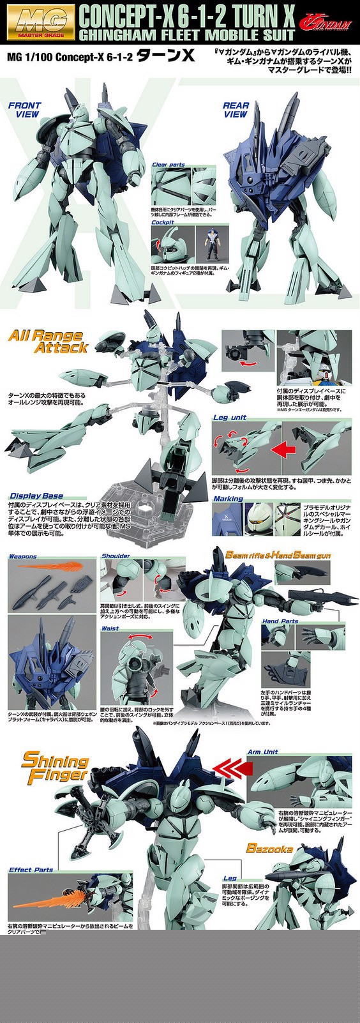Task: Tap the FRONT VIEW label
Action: tap(24, 110)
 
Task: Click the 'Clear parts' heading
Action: tap(169, 165)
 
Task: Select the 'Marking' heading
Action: tap(229, 499)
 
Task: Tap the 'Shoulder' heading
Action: tap(116, 556)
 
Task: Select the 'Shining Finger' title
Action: tap(55, 768)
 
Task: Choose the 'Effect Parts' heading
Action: tap(31, 870)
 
